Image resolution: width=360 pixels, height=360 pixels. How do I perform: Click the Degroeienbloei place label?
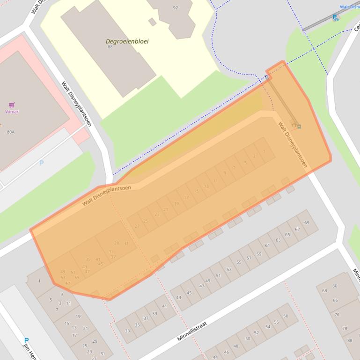coord(127,41)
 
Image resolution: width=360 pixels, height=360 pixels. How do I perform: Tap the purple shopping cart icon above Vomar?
coord(12,105)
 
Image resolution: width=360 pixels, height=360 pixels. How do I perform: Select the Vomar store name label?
coord(12,112)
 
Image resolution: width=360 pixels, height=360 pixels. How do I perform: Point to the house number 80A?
coord(10,132)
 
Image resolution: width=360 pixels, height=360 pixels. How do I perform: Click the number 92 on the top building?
coord(176,7)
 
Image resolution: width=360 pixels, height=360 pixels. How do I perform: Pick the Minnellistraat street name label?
coord(192,331)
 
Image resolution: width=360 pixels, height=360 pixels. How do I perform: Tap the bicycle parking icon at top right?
coord(335,18)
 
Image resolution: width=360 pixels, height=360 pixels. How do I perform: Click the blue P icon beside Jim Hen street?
coord(26,341)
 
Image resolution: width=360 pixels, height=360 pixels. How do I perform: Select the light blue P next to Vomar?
coord(41,163)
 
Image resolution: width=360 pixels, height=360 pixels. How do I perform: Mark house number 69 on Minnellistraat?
coord(307,223)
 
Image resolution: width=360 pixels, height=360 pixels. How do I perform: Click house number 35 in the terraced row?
coord(137,325)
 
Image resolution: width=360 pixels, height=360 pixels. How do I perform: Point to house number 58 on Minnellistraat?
coord(286,316)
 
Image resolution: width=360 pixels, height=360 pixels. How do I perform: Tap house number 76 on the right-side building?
coord(337,315)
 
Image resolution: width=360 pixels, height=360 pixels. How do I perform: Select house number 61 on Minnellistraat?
coord(267,245)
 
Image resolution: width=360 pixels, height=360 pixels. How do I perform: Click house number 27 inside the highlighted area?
coord(137,226)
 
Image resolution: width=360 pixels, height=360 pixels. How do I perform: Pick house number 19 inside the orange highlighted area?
coord(176,204)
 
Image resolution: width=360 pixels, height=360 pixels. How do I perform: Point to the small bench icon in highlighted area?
coord(296,125)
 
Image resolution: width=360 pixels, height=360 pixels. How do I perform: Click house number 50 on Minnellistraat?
coord(248,339)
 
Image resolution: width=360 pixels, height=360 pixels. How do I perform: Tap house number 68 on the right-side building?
coord(324,290)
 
